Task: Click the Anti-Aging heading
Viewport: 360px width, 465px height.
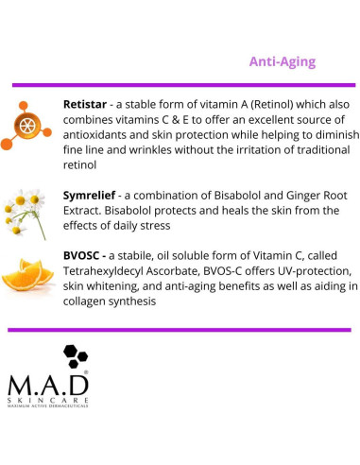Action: [282, 61]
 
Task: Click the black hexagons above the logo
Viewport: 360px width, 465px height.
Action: [75, 357]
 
